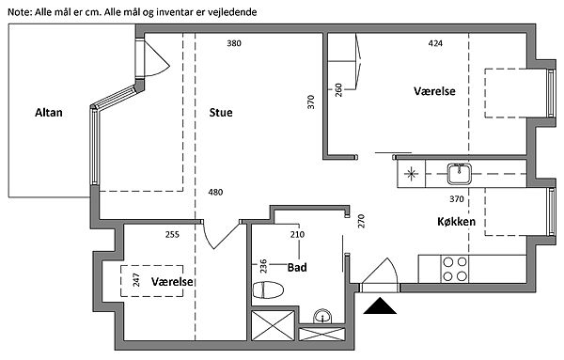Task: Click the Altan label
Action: click(49, 113)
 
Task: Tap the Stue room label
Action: click(221, 113)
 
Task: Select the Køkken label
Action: click(456, 222)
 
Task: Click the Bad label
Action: click(297, 267)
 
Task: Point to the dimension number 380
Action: click(234, 43)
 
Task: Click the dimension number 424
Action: click(435, 43)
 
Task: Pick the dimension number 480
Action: click(215, 192)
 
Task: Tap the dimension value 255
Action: click(172, 234)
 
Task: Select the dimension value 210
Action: click(297, 234)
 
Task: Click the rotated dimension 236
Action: click(263, 266)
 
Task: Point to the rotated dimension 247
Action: click(136, 280)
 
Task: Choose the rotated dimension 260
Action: click(338, 90)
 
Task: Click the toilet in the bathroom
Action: click(268, 290)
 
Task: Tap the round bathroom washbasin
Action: click(322, 317)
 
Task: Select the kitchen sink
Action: click(460, 173)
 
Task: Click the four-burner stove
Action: click(455, 269)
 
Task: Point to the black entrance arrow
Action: click(380, 305)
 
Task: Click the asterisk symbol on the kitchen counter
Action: click(411, 174)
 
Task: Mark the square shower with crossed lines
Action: click(273, 325)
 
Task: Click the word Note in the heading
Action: click(20, 12)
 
